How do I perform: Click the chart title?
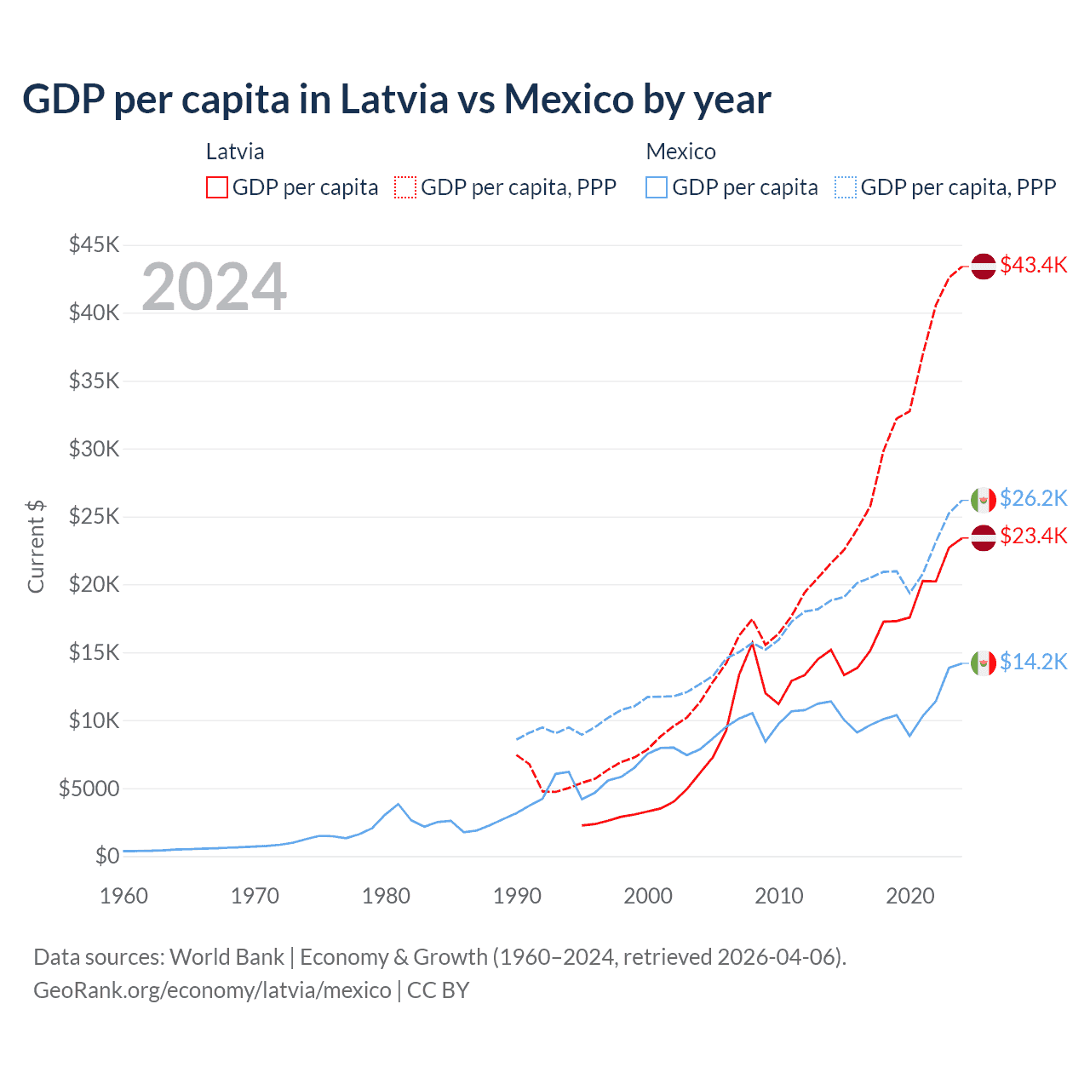pyautogui.click(x=397, y=100)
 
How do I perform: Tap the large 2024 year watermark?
pyautogui.click(x=214, y=287)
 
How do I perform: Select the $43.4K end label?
pyautogui.click(x=1033, y=265)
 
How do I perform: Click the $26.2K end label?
pyautogui.click(x=1033, y=498)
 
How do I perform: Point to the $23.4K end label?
pyautogui.click(x=1033, y=536)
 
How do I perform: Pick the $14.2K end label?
pyautogui.click(x=1033, y=662)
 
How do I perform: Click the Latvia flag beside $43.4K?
pyautogui.click(x=984, y=266)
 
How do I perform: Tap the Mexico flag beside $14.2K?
pyautogui.click(x=984, y=663)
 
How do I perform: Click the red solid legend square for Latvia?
pyautogui.click(x=216, y=187)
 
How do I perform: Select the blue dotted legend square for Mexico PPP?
pyautogui.click(x=846, y=187)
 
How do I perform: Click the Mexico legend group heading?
pyautogui.click(x=680, y=152)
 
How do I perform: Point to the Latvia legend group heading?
pyautogui.click(x=235, y=152)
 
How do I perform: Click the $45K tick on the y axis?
pyautogui.click(x=94, y=245)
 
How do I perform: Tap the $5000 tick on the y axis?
pyautogui.click(x=89, y=789)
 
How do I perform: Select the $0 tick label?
pyautogui.click(x=106, y=856)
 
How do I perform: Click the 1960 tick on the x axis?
pyautogui.click(x=124, y=896)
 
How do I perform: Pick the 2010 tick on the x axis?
pyautogui.click(x=779, y=896)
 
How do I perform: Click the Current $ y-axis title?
pyautogui.click(x=36, y=547)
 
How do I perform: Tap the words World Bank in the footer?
pyautogui.click(x=227, y=957)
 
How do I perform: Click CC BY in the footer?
pyautogui.click(x=439, y=990)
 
